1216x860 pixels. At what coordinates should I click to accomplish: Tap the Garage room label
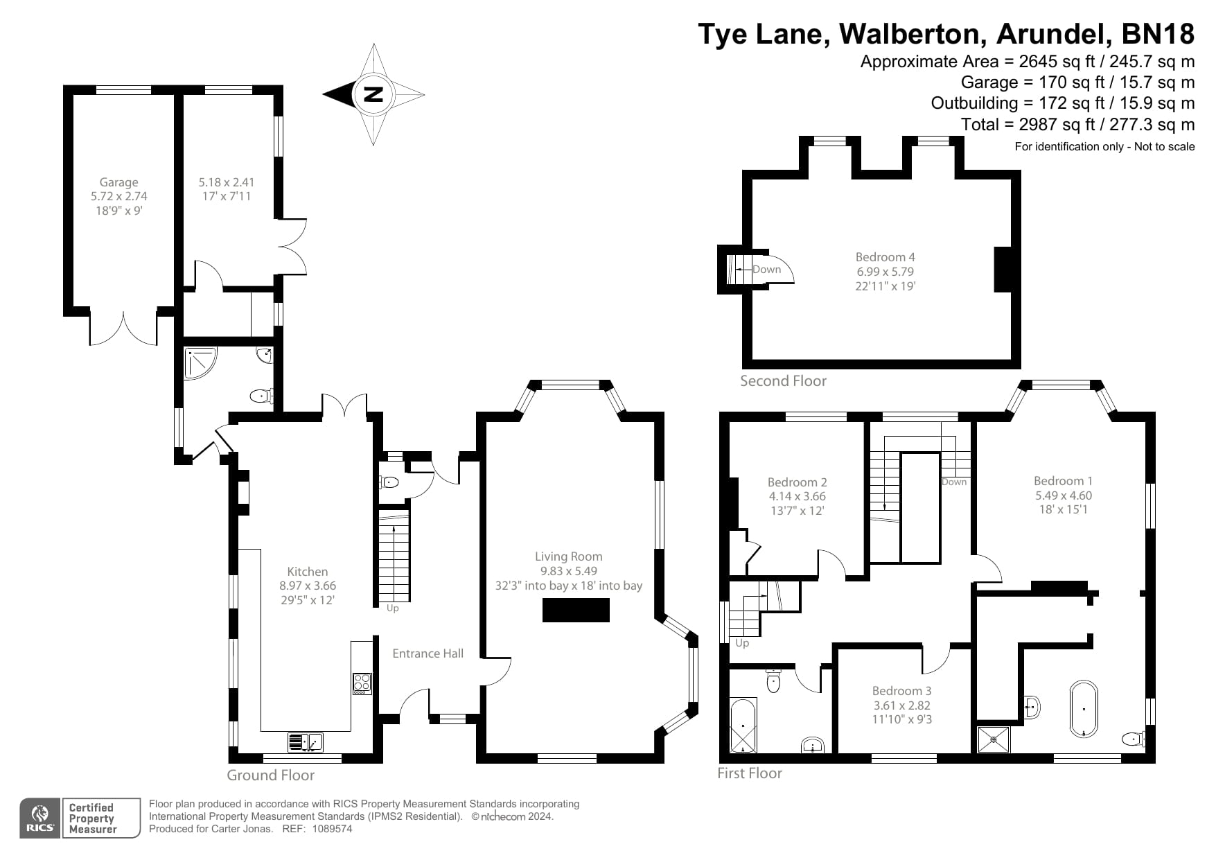[118, 182]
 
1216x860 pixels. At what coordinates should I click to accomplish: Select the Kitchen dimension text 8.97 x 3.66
[308, 586]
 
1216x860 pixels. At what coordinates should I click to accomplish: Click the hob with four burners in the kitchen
[362, 684]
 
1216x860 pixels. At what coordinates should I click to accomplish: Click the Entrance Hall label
[428, 653]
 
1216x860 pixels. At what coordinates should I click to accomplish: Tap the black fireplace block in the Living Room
[576, 611]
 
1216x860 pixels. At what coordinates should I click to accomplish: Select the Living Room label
[568, 556]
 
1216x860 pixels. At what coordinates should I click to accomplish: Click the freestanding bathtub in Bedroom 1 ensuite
[1084, 708]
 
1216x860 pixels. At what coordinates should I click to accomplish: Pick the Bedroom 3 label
[901, 690]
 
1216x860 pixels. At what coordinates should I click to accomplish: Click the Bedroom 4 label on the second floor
[885, 256]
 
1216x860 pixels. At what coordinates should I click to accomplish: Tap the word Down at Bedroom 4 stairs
[766, 270]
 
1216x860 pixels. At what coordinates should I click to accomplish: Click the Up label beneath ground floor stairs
[392, 608]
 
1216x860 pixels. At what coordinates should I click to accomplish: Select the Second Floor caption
[783, 380]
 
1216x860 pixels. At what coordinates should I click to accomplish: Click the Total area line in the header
[1077, 125]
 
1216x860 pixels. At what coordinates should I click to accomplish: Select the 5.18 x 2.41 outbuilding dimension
[226, 182]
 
